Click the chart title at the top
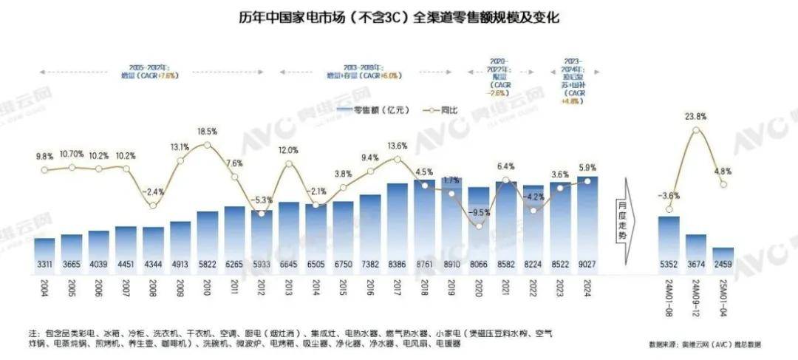click(x=399, y=16)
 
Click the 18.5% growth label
click(x=207, y=131)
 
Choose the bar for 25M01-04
click(x=723, y=257)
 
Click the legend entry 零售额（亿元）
click(x=364, y=109)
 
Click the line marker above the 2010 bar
click(x=208, y=145)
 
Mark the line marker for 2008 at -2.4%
click(x=153, y=205)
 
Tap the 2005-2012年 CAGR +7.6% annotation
click(x=155, y=72)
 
